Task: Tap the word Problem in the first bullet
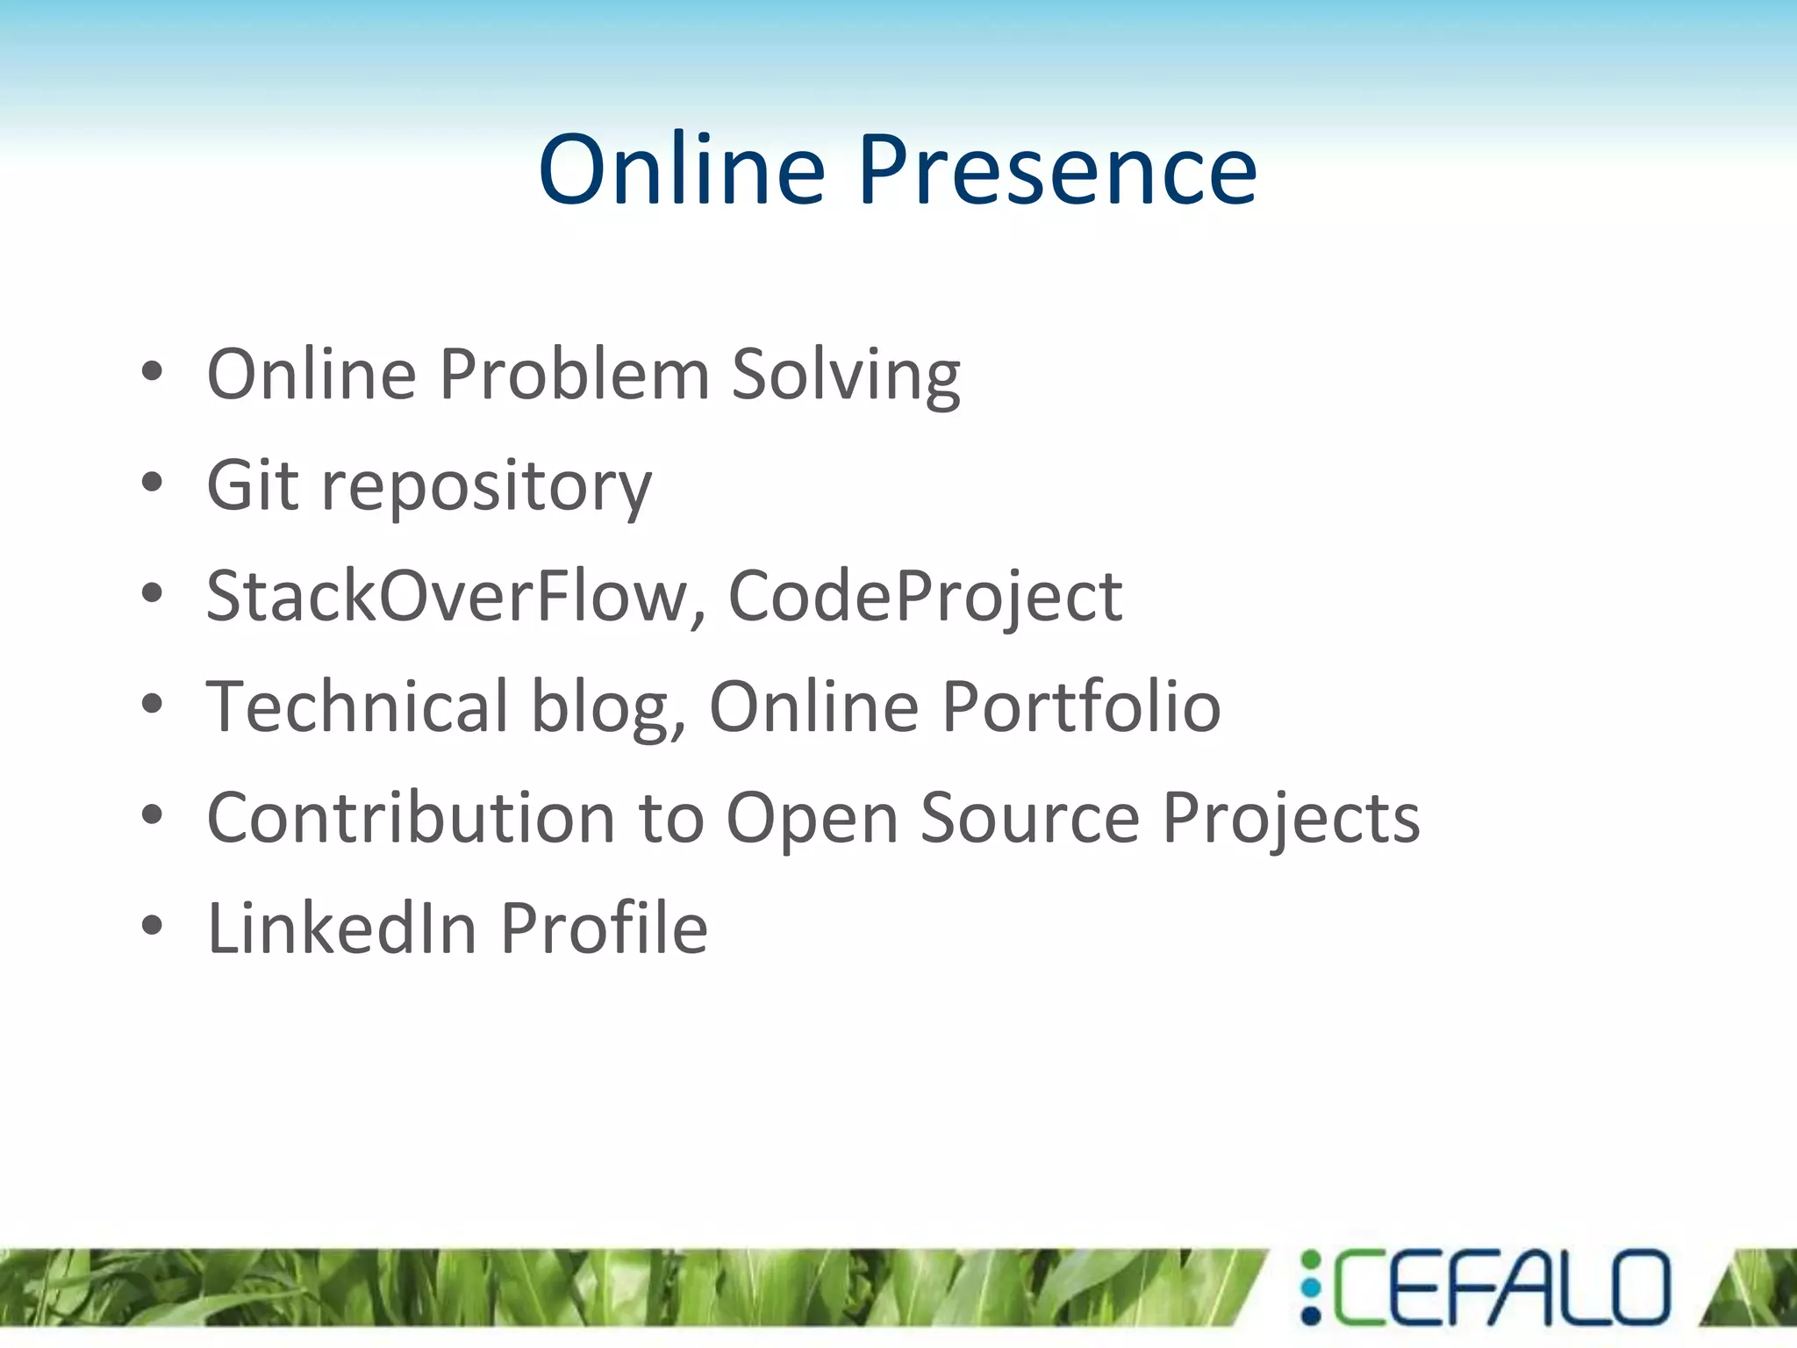[574, 375]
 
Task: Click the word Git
[253, 485]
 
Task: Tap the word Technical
[357, 706]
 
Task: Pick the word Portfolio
[1081, 706]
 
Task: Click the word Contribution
[411, 818]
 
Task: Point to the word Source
[1030, 818]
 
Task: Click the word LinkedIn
[342, 929]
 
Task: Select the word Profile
[604, 929]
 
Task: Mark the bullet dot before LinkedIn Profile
[152, 926]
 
